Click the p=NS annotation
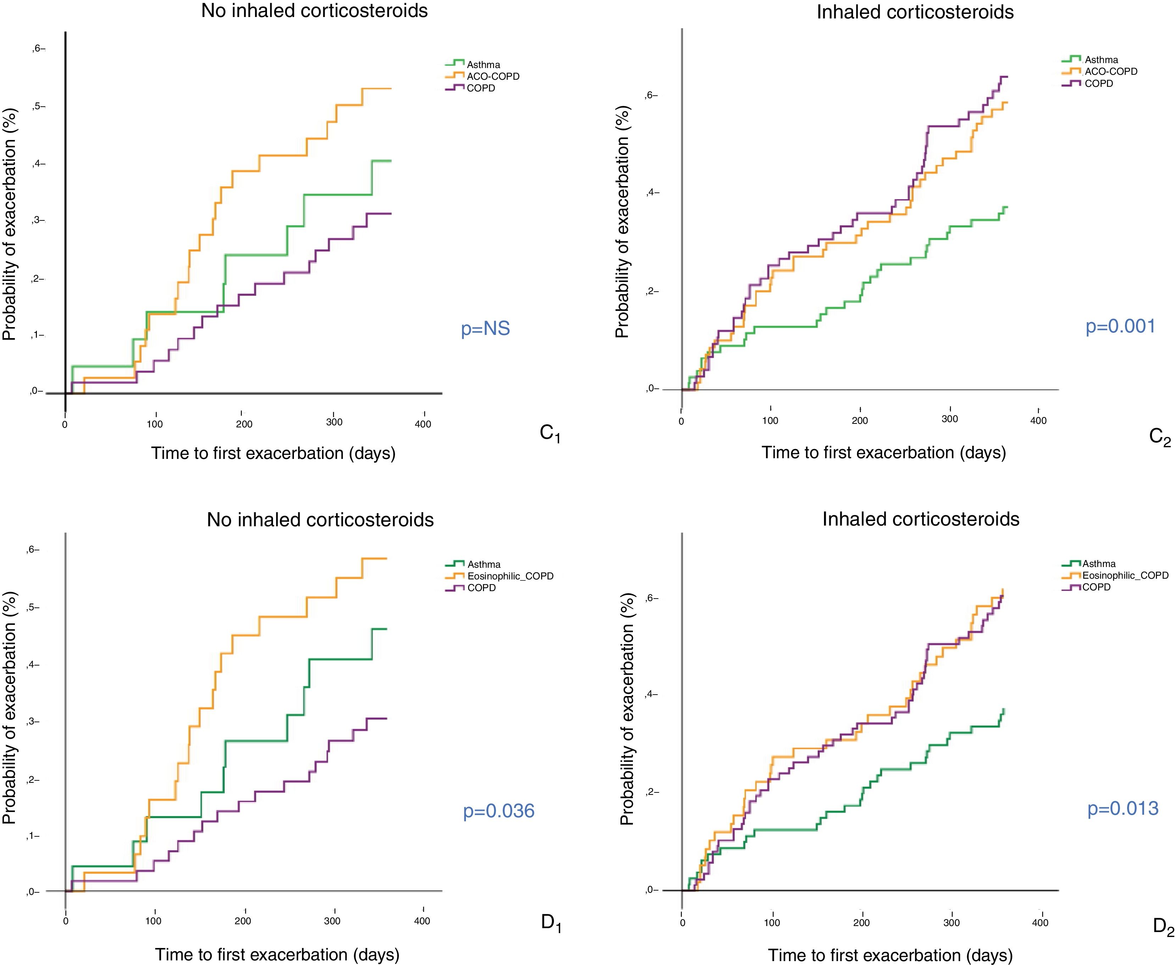pos(485,329)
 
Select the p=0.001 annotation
pos(1120,326)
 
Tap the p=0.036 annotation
pos(499,811)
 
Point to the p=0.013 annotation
pos(1123,808)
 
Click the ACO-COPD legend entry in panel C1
pos(493,76)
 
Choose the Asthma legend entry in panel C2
pos(1101,60)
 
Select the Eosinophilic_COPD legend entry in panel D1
pos(510,576)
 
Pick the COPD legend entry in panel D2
pos(1096,587)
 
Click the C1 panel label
pos(550,434)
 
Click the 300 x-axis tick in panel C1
pos(334,422)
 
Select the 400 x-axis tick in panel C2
pos(1038,421)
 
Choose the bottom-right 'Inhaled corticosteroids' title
pos(920,519)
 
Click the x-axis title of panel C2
pos(883,453)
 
